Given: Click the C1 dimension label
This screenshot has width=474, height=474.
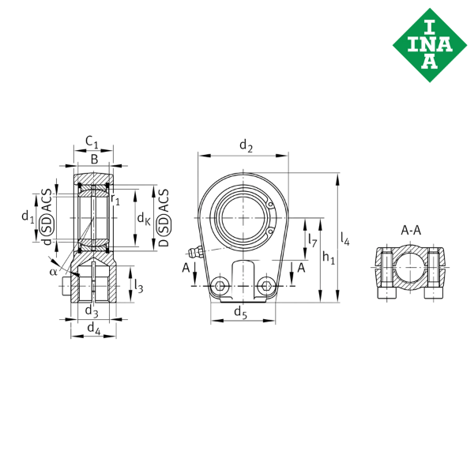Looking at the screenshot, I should coord(92,144).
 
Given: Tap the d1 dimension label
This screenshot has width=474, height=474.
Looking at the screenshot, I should coord(27,215).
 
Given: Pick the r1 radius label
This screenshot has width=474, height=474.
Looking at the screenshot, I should coord(117,201).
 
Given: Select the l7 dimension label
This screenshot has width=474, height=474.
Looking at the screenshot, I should coord(313,238).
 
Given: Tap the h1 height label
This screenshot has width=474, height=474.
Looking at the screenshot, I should coord(329,257).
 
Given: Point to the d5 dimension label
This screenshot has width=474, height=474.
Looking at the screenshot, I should coord(243,312).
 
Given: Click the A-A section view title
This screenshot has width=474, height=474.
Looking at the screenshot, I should coord(411,231).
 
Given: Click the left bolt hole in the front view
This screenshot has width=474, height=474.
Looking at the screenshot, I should coord(221,284).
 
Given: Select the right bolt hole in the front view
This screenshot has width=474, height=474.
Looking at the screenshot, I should coord(269,284).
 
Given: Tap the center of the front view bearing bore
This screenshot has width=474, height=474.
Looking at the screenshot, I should coord(245,215).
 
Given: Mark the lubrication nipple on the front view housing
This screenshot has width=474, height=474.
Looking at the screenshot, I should coord(201,250).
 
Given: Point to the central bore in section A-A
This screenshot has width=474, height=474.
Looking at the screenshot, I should coord(410,266).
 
